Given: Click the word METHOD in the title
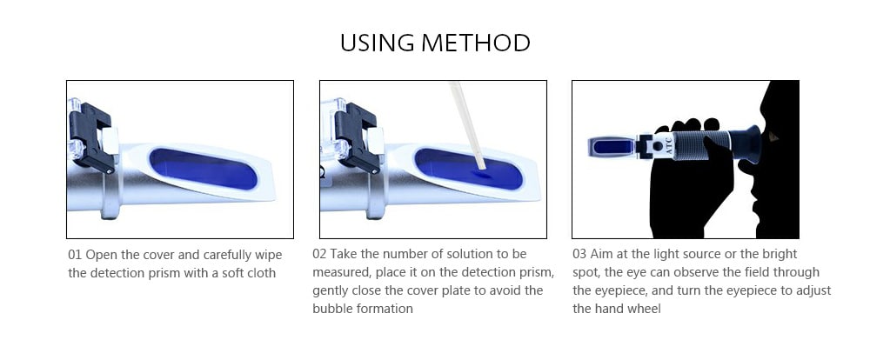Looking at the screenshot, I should click(482, 43).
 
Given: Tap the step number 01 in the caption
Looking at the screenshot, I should click(76, 255).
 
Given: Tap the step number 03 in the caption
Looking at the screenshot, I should click(580, 255).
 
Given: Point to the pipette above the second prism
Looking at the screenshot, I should click(465, 122).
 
